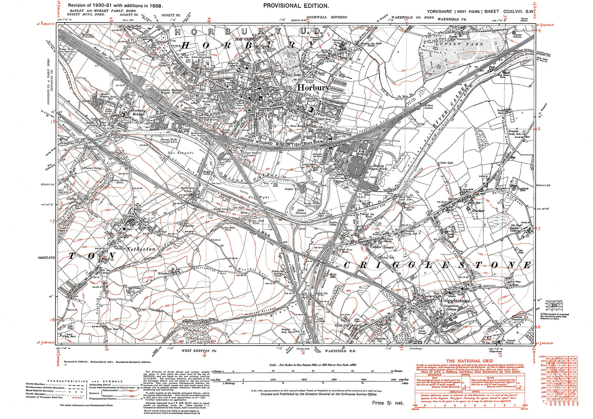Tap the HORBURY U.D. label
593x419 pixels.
point(250,32)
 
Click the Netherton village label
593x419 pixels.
point(141,249)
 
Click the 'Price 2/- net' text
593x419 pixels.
point(388,403)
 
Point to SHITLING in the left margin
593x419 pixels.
point(46,258)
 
